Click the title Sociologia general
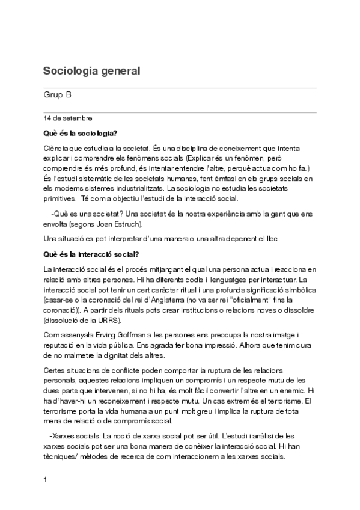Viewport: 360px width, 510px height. pos(91,70)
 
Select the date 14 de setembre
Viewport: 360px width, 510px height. pos(67,118)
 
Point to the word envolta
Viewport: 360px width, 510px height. pos(56,224)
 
